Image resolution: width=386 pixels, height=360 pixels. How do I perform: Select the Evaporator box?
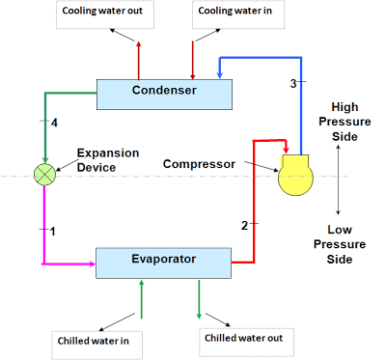[163, 260]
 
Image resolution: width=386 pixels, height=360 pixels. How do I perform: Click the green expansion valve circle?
[44, 175]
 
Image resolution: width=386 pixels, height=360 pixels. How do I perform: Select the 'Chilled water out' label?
[244, 338]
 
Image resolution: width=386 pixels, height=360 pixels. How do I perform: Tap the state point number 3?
[293, 83]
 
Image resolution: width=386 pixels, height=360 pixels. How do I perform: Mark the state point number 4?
[54, 123]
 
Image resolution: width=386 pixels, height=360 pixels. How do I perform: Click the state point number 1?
[54, 231]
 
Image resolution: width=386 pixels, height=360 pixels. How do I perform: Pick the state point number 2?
[245, 225]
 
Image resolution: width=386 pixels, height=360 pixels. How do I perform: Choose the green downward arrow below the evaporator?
[200, 299]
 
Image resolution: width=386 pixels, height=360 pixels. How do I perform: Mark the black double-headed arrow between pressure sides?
[338, 184]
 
